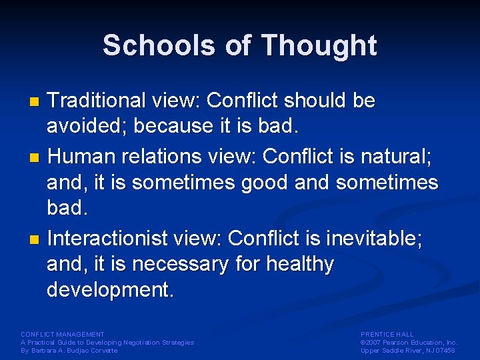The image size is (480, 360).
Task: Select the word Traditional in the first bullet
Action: (x=97, y=101)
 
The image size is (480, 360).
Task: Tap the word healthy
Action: (x=300, y=264)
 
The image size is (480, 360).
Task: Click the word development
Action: (x=110, y=289)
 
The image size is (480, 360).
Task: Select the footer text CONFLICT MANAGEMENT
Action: (x=63, y=335)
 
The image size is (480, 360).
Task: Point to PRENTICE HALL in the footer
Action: (x=387, y=335)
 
